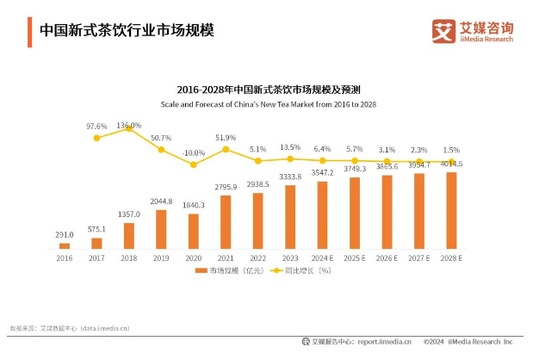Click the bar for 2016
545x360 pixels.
click(x=64, y=245)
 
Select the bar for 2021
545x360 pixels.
click(x=226, y=222)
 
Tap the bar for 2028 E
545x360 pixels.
click(x=450, y=210)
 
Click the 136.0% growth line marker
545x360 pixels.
click(x=129, y=127)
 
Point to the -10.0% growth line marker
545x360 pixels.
click(x=193, y=164)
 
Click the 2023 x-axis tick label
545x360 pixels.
click(x=290, y=257)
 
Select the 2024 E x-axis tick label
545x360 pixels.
click(x=322, y=257)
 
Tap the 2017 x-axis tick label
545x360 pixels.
click(x=96, y=257)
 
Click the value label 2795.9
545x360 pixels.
click(x=226, y=188)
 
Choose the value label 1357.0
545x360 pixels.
click(x=129, y=214)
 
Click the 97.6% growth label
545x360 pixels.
click(x=96, y=126)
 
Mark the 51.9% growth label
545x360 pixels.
click(x=226, y=137)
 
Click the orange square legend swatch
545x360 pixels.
click(x=199, y=270)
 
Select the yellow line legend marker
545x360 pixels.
click(x=277, y=270)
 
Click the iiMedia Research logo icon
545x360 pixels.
click(x=443, y=31)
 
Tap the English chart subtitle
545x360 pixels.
click(x=268, y=104)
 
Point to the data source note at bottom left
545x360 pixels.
click(x=69, y=328)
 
